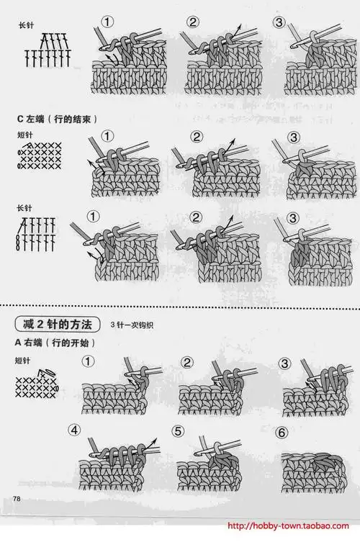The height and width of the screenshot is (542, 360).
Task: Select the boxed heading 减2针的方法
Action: pos(58,322)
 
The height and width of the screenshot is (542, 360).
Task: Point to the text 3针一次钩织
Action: pos(133,324)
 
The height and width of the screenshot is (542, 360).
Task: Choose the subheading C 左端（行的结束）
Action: pos(55,117)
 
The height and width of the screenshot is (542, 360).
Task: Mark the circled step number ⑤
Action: pos(179,431)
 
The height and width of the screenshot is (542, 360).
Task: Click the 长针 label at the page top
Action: pos(26,26)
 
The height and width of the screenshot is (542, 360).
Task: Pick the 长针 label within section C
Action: pos(24,208)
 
